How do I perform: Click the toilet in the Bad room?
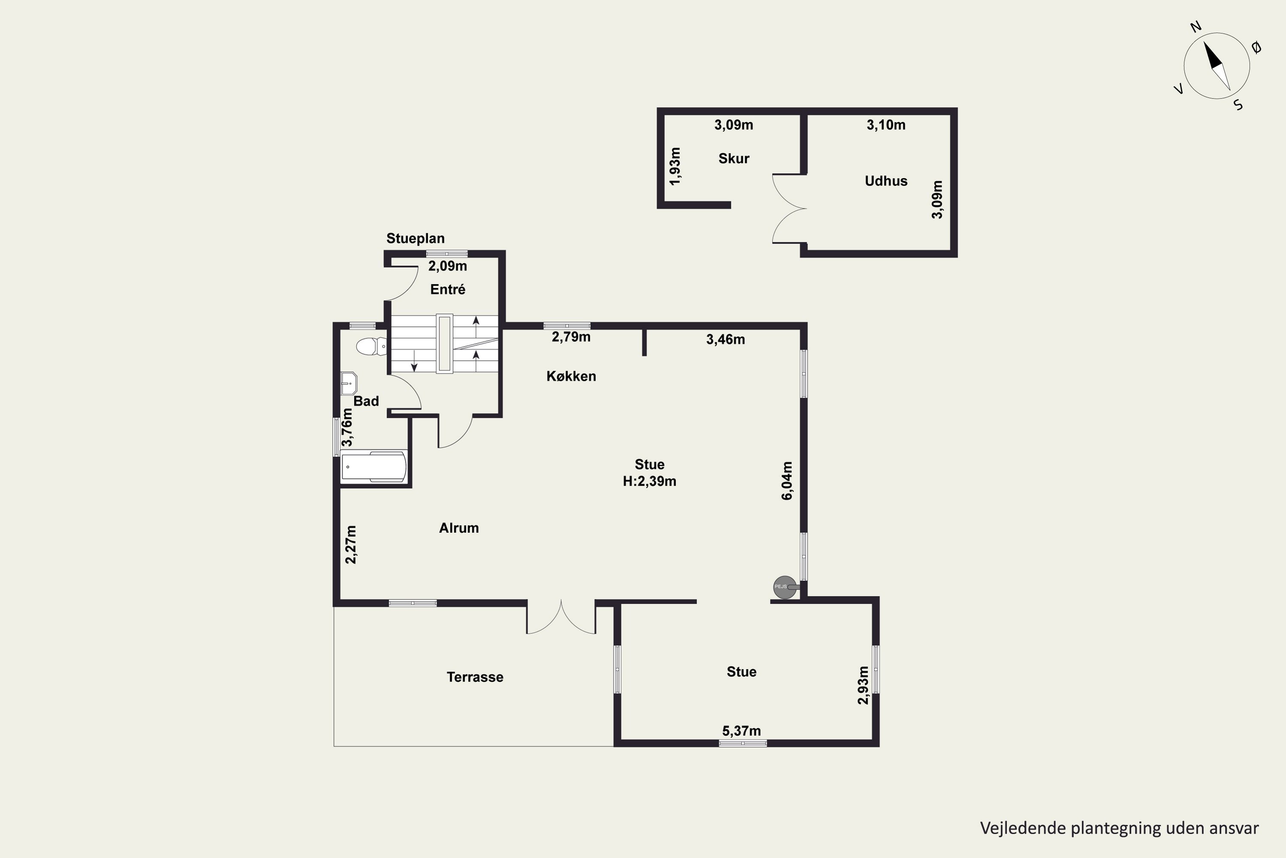371,346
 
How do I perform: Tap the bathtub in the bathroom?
374,466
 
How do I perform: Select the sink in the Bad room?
348,384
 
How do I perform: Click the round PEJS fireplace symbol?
786,587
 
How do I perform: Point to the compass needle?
1217,66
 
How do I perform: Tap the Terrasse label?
475,677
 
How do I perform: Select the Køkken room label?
571,376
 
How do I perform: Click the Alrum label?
459,528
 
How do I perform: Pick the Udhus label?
886,181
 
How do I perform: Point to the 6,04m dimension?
787,481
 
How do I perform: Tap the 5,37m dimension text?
742,731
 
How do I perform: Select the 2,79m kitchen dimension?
571,337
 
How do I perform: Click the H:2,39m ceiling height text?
649,481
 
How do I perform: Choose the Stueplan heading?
415,239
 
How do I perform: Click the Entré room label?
448,290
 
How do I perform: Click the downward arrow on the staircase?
414,360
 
